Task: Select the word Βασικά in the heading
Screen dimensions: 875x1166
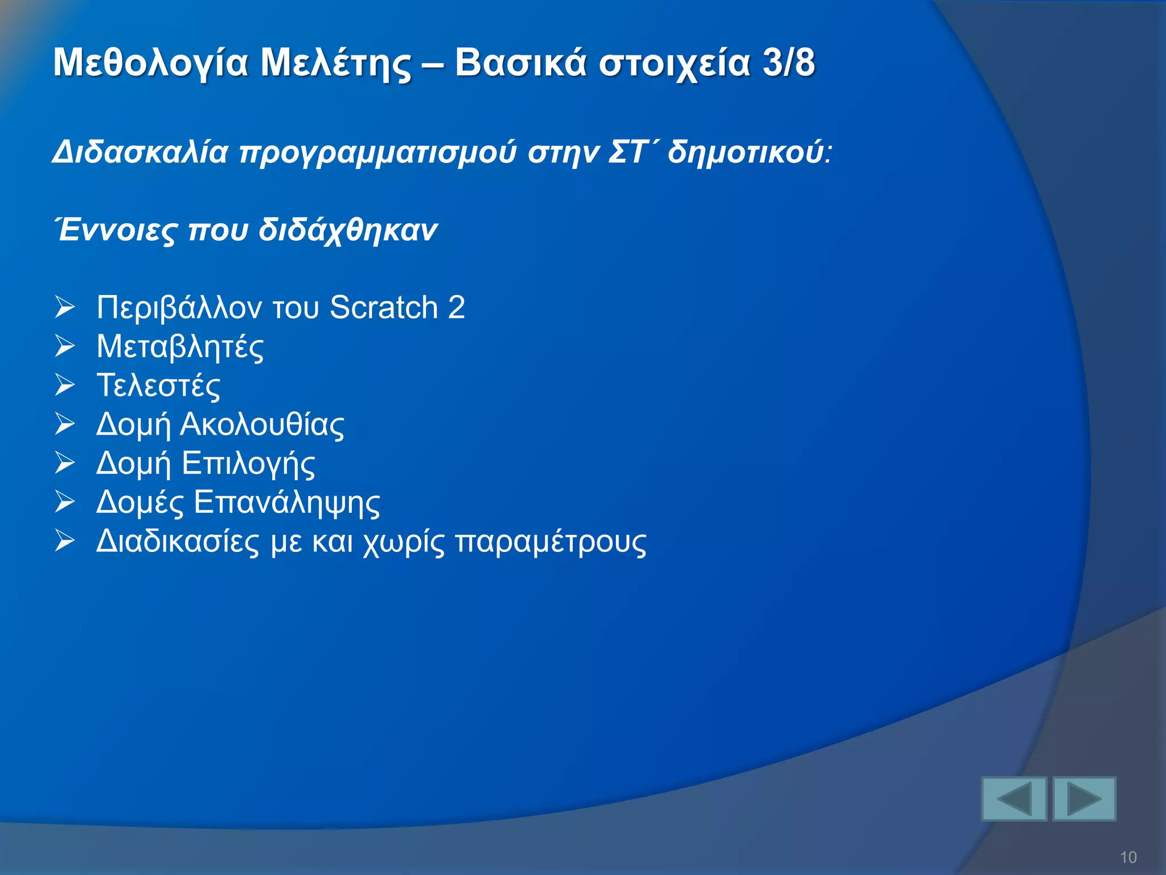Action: (520, 63)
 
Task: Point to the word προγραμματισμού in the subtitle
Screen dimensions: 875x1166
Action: (377, 153)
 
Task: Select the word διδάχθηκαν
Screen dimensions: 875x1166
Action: (348, 230)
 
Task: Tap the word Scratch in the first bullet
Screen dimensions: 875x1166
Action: (384, 308)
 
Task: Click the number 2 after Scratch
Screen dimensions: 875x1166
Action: (457, 308)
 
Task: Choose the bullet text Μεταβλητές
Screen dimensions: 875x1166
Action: (180, 347)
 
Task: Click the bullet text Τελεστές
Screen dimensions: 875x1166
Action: (158, 386)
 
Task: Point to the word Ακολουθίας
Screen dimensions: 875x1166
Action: (262, 424)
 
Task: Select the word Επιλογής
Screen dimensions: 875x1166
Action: (248, 464)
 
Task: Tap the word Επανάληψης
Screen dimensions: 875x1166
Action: (286, 503)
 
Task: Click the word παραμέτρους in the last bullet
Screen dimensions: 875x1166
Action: (551, 542)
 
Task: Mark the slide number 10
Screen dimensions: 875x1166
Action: (1128, 857)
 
